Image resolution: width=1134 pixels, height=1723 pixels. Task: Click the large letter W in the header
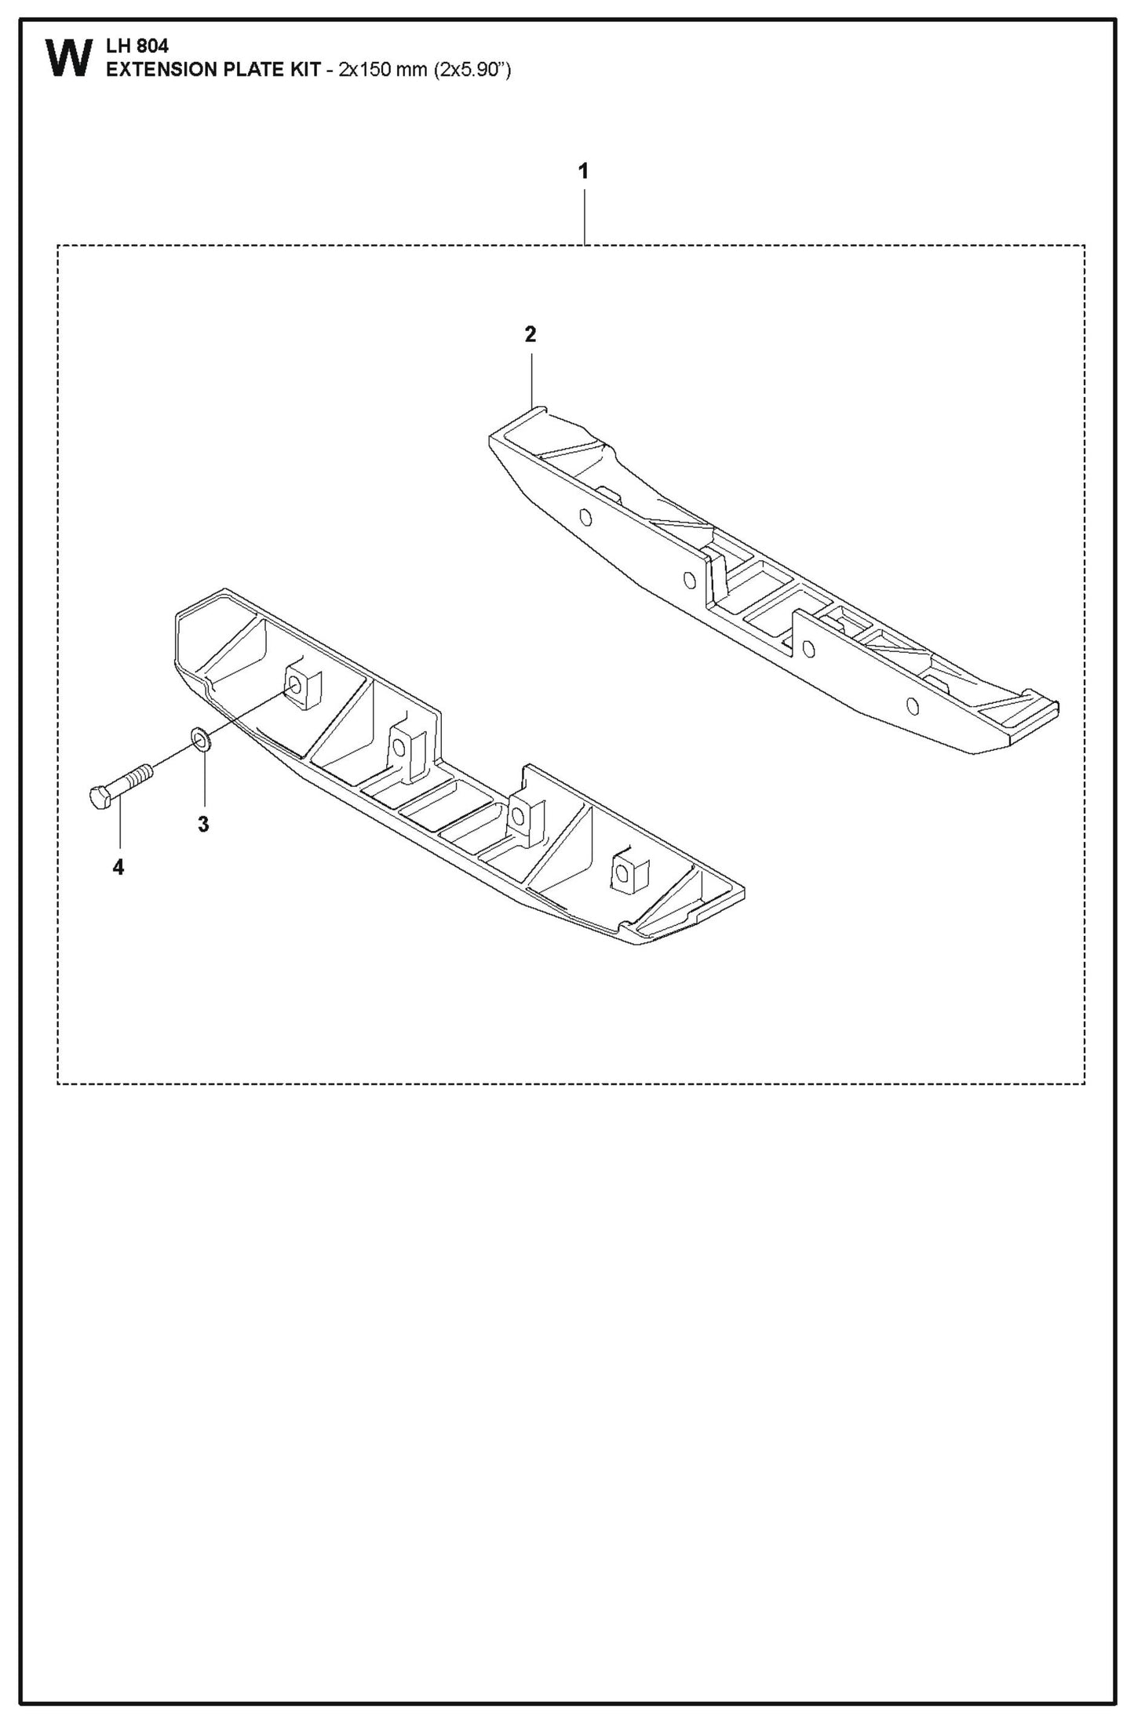[x=69, y=60]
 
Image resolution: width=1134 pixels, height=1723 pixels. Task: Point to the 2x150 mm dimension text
[x=382, y=70]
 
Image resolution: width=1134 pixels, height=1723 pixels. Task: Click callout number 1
[x=583, y=171]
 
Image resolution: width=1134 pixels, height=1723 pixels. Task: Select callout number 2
[x=531, y=335]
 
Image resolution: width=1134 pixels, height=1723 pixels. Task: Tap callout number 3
[x=203, y=825]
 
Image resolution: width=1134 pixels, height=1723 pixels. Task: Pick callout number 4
[x=119, y=867]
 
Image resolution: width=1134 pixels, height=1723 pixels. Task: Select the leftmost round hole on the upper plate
[x=585, y=516]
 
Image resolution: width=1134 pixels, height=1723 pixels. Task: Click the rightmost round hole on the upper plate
[x=912, y=705]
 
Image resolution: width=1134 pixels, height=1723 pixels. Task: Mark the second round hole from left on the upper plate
[x=689, y=580]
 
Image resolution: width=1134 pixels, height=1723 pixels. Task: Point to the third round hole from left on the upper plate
[x=808, y=648]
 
